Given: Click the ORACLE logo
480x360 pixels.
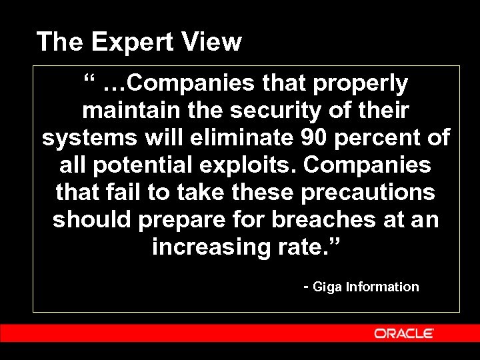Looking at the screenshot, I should pyautogui.click(x=404, y=333).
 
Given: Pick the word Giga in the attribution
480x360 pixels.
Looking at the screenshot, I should pyautogui.click(x=327, y=287).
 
